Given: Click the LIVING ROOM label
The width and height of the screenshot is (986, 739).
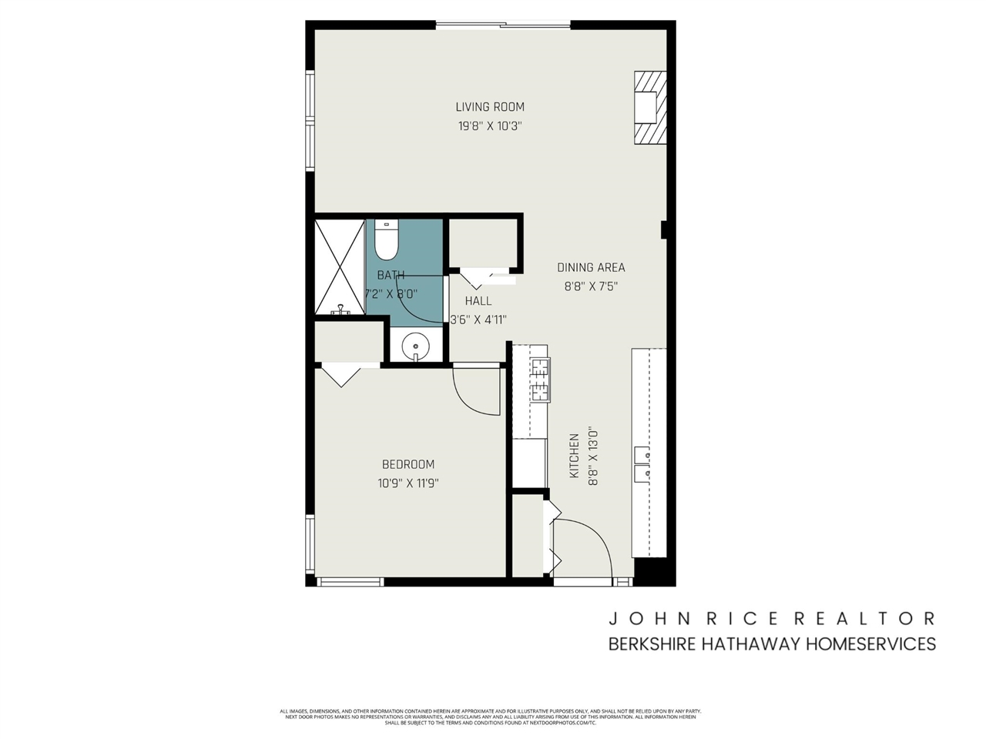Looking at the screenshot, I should pos(490,107).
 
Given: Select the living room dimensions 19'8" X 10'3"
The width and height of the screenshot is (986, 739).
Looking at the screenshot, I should pos(490,126).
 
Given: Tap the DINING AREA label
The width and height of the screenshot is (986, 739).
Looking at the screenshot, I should pos(591,268).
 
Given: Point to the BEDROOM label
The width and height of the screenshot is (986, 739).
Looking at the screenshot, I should pos(408,464).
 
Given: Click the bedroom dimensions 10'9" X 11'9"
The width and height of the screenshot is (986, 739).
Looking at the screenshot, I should pos(408,483).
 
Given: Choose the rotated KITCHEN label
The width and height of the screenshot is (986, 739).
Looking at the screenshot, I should pos(574,456).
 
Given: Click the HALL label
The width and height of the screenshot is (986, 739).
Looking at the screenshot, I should pos(478,301).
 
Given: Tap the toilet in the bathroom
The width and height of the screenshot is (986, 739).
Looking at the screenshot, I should pos(385,240).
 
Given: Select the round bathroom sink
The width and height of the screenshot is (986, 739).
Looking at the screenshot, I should pos(416,346).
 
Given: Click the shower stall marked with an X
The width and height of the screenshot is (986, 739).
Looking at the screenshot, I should pos(339,266).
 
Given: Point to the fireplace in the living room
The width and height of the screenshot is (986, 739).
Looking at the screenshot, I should pos(649,108).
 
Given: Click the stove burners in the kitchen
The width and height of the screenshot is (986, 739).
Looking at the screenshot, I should pos(540,380).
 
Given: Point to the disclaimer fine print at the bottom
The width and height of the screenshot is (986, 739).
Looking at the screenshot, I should pos(490,717).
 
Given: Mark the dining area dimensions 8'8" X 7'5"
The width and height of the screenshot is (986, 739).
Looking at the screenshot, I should pos(591,287).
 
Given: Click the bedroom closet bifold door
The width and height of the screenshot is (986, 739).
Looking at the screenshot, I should pos(340,376).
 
